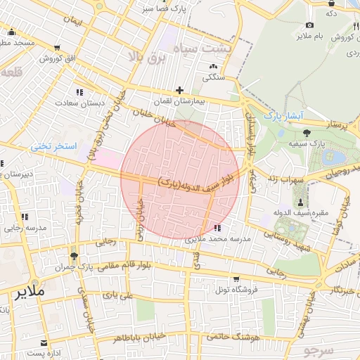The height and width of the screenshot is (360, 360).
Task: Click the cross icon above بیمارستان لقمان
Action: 180,90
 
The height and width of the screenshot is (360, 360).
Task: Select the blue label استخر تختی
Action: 51,146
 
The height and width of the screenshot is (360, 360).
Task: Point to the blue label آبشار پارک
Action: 283,114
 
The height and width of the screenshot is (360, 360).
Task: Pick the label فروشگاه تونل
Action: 236,289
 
